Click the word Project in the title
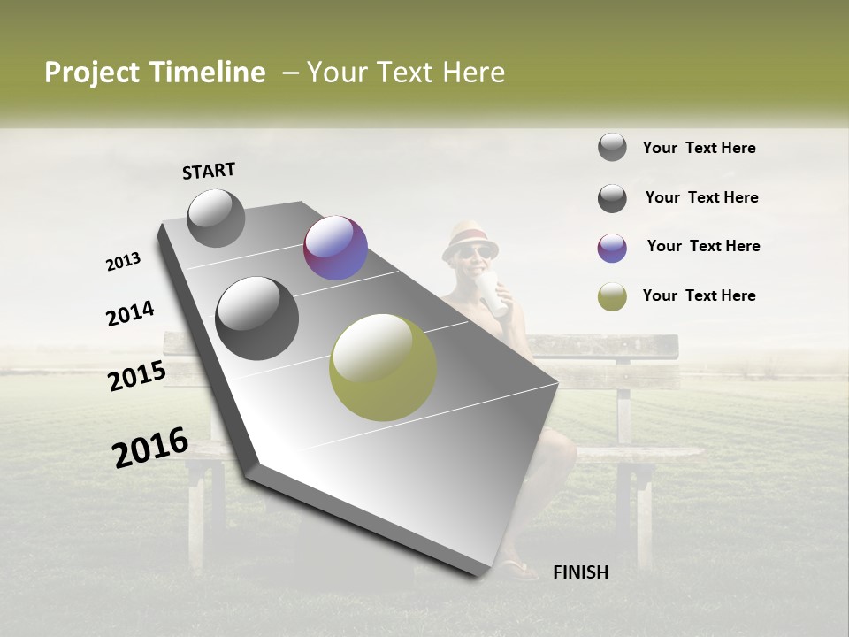tap(92, 73)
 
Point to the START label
tap(209, 171)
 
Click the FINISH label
tap(580, 572)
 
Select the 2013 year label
tap(123, 262)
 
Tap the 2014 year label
tap(130, 314)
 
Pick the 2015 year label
tap(137, 376)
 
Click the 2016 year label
tap(150, 448)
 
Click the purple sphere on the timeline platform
tap(335, 248)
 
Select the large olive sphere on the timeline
tap(383, 366)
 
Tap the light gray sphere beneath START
tap(216, 218)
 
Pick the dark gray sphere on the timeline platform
tap(257, 318)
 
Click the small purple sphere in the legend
tap(612, 248)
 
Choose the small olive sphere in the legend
tap(612, 297)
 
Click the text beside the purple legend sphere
tap(703, 246)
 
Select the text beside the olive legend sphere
tap(699, 295)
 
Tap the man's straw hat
tap(470, 237)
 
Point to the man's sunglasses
tap(472, 254)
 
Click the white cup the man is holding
tap(493, 294)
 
